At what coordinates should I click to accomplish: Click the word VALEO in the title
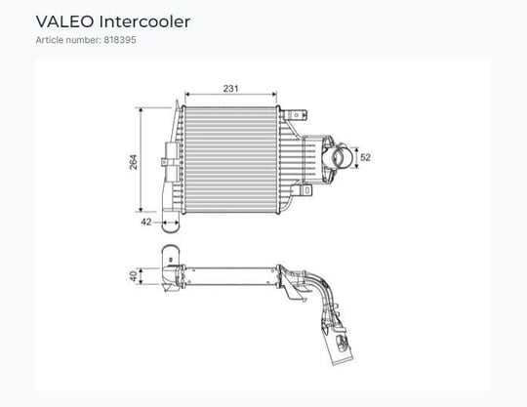[64, 21]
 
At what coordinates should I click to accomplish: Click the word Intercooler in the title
[144, 21]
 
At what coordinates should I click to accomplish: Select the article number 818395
[120, 40]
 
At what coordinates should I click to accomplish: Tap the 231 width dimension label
[231, 89]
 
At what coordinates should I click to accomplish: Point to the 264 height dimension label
[134, 162]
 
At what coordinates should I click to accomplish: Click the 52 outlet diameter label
[365, 157]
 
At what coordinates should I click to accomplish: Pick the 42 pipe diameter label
[146, 222]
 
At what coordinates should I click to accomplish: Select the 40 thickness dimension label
[134, 276]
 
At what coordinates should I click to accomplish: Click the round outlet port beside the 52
[343, 157]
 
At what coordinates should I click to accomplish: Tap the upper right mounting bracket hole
[296, 115]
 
